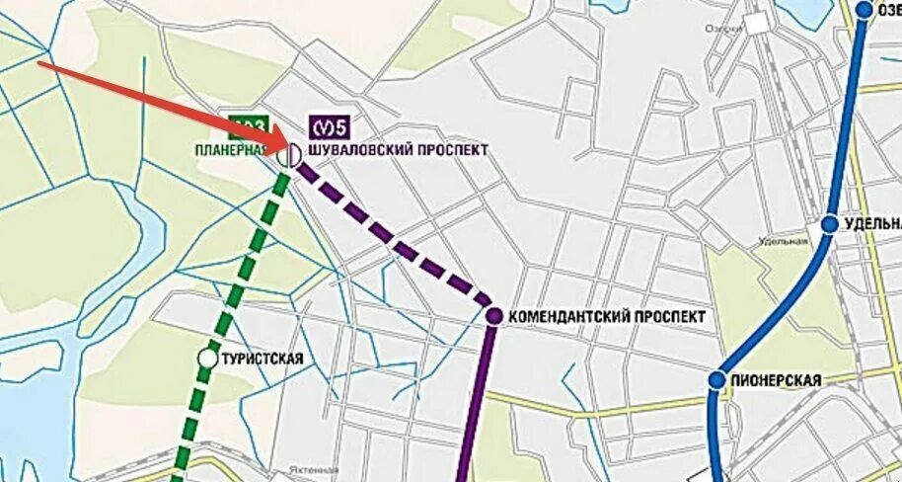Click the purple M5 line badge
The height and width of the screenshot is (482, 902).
click(332, 127)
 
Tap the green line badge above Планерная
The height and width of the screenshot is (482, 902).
click(248, 126)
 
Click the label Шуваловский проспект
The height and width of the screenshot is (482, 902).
click(399, 151)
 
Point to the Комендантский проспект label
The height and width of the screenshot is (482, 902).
click(609, 317)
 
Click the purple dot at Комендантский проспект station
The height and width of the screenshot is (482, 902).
click(494, 316)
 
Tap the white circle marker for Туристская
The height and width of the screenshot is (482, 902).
click(207, 359)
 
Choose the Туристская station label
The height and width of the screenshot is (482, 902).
click(263, 360)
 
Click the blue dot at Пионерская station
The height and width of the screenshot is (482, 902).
click(717, 380)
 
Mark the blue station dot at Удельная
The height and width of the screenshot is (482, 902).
click(830, 224)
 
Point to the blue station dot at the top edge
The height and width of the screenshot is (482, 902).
click(864, 10)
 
